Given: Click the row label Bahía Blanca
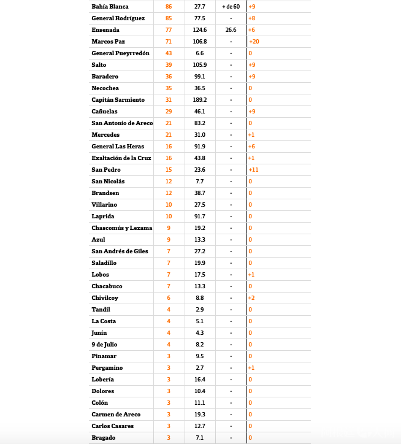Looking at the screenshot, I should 110,6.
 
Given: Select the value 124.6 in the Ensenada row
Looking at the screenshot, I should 200,29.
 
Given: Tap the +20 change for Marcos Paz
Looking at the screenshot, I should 254,41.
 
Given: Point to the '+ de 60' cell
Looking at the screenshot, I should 231,6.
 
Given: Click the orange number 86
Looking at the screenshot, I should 169,6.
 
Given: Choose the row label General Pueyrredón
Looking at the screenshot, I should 120,53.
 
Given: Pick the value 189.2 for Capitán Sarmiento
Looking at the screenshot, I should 200,99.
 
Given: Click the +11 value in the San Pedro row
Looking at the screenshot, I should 253,169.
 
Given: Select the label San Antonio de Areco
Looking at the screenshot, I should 122,123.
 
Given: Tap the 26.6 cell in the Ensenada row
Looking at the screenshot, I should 231,29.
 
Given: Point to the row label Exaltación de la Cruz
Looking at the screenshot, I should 121,158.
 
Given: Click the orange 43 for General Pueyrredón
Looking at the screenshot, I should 169,53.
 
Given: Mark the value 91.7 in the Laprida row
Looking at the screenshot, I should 200,216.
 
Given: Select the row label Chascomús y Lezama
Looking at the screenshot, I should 121,228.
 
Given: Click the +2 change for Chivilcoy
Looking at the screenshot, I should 251,297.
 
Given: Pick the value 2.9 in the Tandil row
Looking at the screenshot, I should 200,309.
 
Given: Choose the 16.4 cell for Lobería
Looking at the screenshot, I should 200,379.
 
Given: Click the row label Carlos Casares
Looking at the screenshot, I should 112,426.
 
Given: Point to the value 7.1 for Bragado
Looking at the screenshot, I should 200,437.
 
